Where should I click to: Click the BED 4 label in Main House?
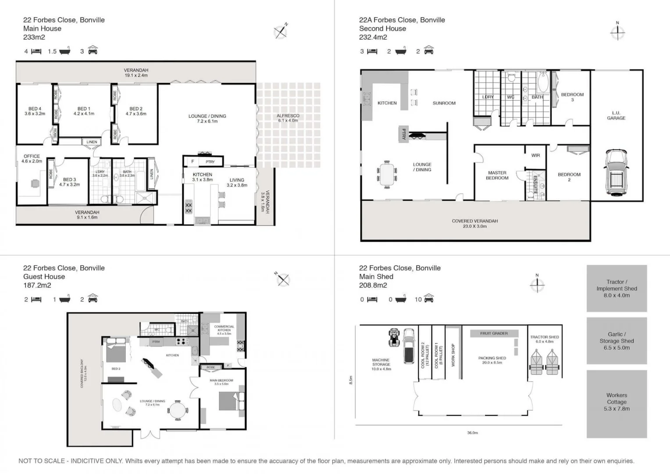(35, 111)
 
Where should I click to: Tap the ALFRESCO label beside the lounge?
(288, 118)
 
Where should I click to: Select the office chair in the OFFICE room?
(35, 183)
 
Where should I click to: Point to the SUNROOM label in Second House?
(444, 103)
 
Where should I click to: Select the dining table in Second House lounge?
(387, 174)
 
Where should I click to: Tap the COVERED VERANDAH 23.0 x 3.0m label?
(474, 223)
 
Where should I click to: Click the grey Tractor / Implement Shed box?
(617, 288)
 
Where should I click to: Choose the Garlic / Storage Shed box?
(617, 341)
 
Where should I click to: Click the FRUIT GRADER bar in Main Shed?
(494, 334)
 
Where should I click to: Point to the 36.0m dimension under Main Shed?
(472, 433)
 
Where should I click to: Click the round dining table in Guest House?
(178, 411)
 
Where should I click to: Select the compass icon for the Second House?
(617, 32)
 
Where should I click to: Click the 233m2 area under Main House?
(34, 37)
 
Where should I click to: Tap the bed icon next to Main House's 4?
(36, 51)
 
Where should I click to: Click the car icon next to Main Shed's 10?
(428, 299)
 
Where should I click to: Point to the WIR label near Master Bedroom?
(535, 155)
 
